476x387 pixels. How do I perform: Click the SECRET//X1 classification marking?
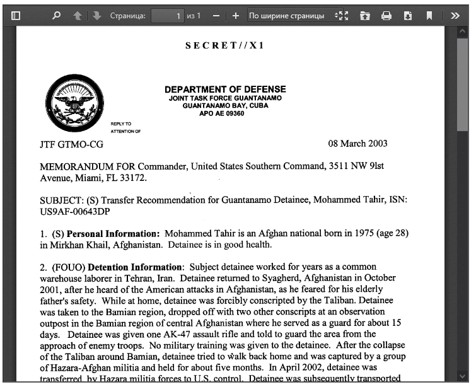click(x=225, y=46)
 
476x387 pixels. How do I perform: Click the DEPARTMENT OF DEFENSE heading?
click(x=225, y=90)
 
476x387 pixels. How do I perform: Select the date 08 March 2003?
click(x=357, y=144)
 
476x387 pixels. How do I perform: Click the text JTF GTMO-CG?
click(x=71, y=144)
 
